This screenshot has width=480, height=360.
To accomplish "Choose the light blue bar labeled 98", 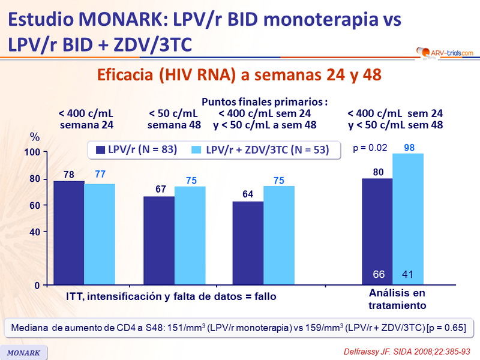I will click(408, 219).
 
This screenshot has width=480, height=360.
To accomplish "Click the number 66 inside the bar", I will click(378, 275).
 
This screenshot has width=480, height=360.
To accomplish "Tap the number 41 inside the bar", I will click(409, 275).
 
